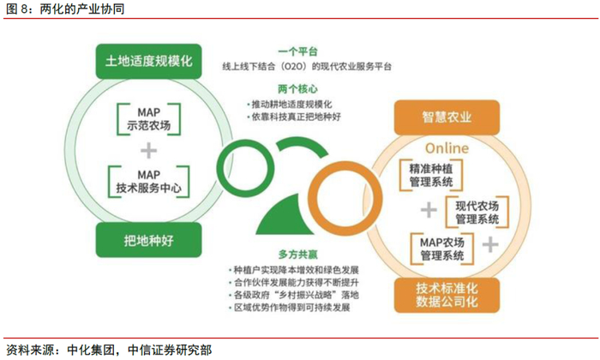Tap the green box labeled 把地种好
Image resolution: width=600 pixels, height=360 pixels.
point(148,239)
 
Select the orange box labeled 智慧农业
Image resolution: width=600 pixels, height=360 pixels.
point(447,114)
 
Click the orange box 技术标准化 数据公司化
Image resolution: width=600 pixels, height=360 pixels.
point(447,293)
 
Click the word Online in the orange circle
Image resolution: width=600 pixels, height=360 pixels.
point(446,147)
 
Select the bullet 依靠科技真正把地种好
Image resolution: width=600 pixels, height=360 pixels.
point(295,116)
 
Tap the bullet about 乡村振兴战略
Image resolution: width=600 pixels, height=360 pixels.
point(295,295)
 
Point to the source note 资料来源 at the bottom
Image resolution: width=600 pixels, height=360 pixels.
point(108,350)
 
